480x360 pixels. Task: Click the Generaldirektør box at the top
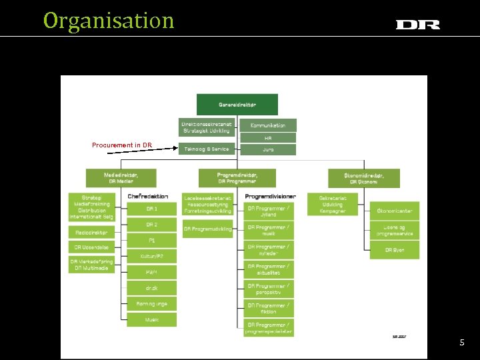[237, 104]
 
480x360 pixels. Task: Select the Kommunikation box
[268, 125]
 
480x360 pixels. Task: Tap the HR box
[268, 138]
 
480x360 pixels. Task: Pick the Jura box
[268, 149]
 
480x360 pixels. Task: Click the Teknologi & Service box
[206, 149]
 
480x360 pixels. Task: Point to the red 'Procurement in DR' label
[122, 145]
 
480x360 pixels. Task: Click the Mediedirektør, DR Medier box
[121, 177]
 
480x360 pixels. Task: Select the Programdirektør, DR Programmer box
[237, 177]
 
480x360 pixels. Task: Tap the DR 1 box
[152, 209]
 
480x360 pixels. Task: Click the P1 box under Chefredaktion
[152, 240]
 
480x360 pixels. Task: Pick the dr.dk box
[152, 288]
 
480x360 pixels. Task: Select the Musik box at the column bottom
[152, 320]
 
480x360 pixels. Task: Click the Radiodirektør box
[91, 232]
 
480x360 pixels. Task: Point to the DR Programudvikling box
[207, 229]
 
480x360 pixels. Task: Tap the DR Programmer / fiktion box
[269, 309]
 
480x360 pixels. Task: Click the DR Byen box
[395, 250]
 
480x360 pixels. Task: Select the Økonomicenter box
[395, 211]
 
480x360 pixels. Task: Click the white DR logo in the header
[418, 25]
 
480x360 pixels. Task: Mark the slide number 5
[461, 342]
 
